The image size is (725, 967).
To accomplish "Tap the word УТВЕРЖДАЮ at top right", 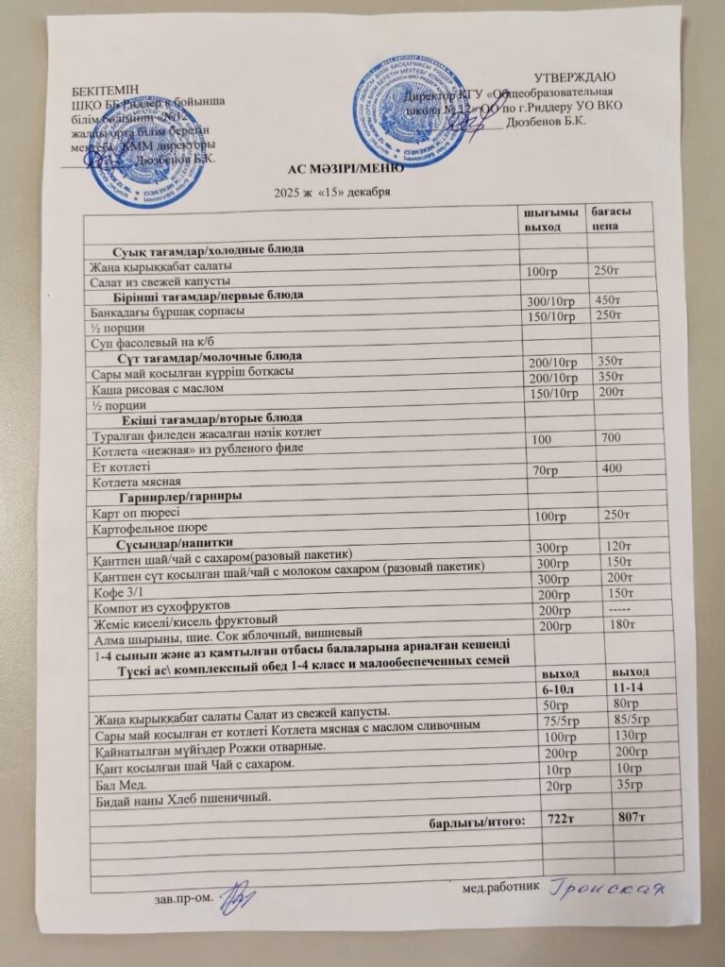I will pyautogui.click(x=576, y=76).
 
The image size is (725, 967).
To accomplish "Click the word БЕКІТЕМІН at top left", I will pyautogui.click(x=105, y=90).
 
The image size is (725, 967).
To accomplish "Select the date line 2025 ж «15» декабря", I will pyautogui.click(x=331, y=193).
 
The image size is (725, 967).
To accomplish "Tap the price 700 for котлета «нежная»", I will pyautogui.click(x=611, y=437).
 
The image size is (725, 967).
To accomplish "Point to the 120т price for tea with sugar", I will pyautogui.click(x=617, y=546).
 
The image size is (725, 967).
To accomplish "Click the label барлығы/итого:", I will pyautogui.click(x=476, y=820).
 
